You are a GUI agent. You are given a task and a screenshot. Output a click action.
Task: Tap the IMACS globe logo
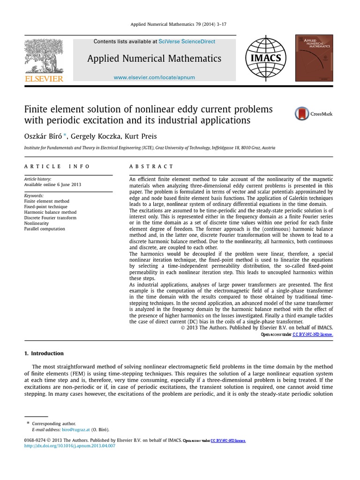pyautogui.click(x=266, y=58)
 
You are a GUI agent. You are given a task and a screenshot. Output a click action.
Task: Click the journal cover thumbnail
pyautogui.click(x=314, y=58)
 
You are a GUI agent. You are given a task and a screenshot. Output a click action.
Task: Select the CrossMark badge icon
pyautogui.click(x=303, y=114)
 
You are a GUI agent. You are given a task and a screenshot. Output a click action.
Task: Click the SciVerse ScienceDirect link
pyautogui.click(x=187, y=42)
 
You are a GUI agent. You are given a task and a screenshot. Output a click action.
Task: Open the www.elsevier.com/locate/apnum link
pyautogui.click(x=154, y=77)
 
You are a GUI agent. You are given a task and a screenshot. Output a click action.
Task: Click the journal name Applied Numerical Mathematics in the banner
pyautogui.click(x=154, y=59)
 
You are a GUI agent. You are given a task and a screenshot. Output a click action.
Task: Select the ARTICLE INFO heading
pyautogui.click(x=57, y=166)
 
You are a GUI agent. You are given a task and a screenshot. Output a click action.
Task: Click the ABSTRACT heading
pyautogui.click(x=151, y=166)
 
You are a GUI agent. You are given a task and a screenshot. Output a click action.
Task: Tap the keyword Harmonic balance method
pyautogui.click(x=50, y=212)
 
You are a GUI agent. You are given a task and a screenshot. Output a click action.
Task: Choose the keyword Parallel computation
pyautogui.click(x=45, y=229)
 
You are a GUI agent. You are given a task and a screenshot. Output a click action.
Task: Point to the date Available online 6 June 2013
pyautogui.click(x=52, y=185)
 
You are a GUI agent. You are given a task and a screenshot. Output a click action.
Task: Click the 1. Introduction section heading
pyautogui.click(x=44, y=353)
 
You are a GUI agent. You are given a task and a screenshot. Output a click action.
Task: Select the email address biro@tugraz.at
pyautogui.click(x=75, y=429)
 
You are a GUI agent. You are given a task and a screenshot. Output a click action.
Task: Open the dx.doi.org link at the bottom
pyautogui.click(x=69, y=446)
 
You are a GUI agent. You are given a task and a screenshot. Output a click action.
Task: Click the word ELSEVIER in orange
pyautogui.click(x=43, y=79)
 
